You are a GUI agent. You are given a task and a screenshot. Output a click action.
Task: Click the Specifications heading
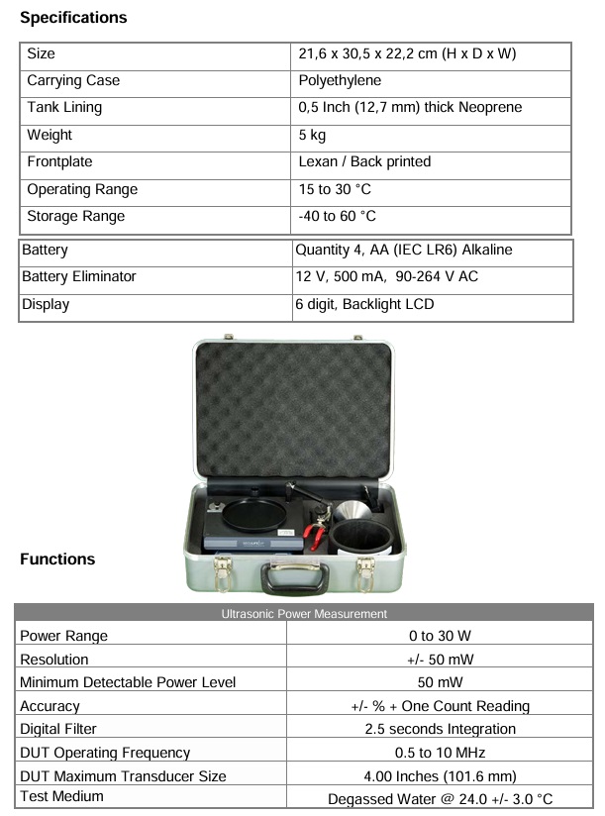(x=73, y=18)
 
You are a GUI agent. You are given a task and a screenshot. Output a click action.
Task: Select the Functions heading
(x=57, y=560)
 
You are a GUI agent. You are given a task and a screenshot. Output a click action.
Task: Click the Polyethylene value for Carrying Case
(x=340, y=81)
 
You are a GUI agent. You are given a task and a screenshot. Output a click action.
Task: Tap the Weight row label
(x=50, y=135)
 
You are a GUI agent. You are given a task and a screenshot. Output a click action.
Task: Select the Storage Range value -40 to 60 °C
(x=337, y=216)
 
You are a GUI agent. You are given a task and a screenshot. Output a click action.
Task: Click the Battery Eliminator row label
(x=79, y=276)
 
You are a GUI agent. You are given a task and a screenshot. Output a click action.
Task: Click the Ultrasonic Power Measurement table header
(x=304, y=614)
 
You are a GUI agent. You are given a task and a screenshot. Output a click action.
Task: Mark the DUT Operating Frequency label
(x=105, y=753)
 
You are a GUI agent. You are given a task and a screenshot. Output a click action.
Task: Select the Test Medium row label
(x=62, y=796)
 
